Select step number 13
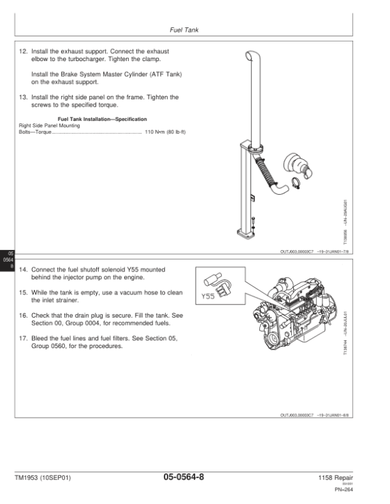[x=23, y=97]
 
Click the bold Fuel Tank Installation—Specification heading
[x=103, y=120]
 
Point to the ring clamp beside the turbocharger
[x=296, y=183]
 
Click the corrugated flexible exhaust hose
[x=265, y=170]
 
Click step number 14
[x=23, y=269]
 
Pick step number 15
[x=23, y=292]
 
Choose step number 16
[x=23, y=315]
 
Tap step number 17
[x=23, y=338]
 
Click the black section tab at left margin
[x=6, y=259]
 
